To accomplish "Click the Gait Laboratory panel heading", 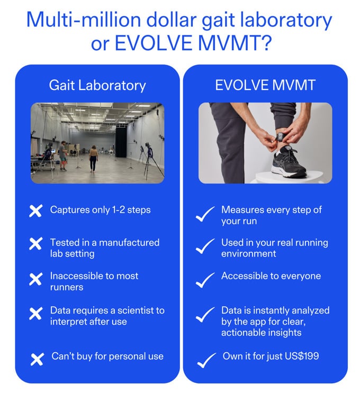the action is click(97, 86).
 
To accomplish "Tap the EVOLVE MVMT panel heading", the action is click(265, 85).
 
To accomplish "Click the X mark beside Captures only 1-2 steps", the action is click(35, 211).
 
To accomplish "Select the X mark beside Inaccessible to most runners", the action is click(35, 279).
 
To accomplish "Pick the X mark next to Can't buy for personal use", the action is click(37, 359).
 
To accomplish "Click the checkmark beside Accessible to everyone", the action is click(205, 280).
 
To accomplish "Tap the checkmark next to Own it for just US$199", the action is click(206, 360).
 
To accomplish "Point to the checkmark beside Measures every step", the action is click(205, 214).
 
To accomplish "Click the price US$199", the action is click(302, 356).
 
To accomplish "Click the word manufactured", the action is click(129, 242).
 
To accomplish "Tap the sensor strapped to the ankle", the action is click(280, 138).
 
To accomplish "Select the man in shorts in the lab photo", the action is click(63, 156).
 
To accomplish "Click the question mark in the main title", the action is click(265, 43).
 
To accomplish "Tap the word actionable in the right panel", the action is click(242, 333).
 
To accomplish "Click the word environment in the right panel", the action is click(248, 253).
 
